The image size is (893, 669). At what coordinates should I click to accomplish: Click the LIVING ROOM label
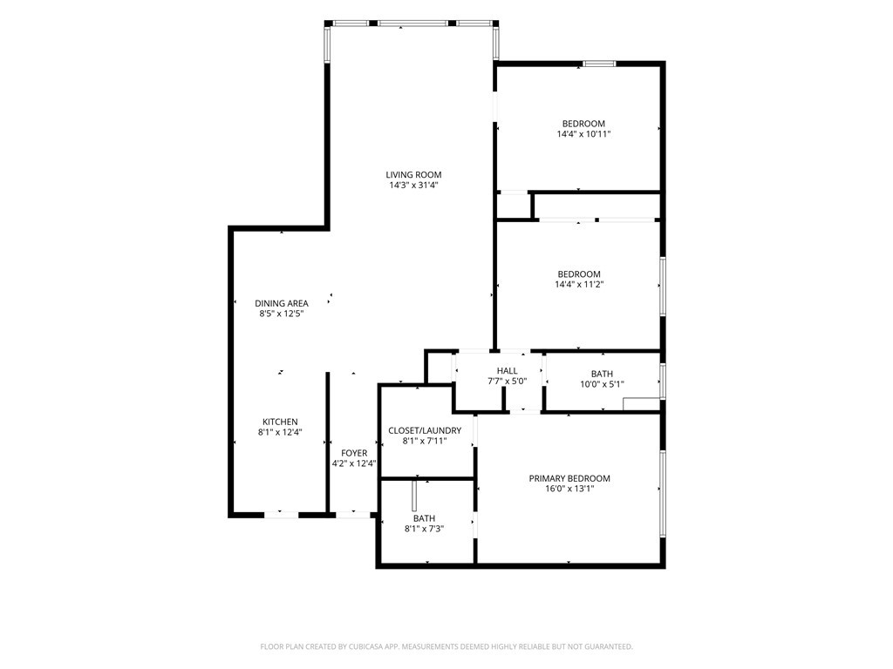point(413,174)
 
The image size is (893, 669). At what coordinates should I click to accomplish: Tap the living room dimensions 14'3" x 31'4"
point(413,186)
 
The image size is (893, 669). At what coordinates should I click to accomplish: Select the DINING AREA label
point(282,303)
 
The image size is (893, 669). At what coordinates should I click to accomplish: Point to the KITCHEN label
point(280,422)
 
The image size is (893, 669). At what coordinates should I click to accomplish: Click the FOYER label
point(354,453)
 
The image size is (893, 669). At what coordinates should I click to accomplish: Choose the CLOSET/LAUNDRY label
point(425,430)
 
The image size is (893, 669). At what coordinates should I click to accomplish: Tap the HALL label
point(507,371)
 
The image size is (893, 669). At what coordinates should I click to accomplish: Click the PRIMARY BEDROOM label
point(569,478)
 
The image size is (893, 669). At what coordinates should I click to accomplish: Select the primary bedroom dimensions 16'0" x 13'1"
point(569,489)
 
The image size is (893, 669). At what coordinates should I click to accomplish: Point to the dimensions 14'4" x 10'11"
point(583,134)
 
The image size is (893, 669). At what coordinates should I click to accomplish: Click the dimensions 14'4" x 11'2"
point(579,285)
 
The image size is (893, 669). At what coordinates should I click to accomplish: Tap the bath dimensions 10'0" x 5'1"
point(602,384)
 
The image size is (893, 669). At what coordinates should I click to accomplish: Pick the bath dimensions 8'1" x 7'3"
point(425,529)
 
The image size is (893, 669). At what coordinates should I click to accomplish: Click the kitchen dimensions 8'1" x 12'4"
point(280,432)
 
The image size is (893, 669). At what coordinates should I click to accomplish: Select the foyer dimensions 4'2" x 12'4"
point(354,463)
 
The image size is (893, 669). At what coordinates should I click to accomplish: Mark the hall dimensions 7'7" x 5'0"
point(507,382)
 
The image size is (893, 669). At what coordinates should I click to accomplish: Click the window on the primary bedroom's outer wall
point(663,493)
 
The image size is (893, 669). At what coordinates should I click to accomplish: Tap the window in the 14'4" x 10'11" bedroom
point(599,64)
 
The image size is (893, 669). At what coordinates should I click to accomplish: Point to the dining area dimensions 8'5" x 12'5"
point(282,314)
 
